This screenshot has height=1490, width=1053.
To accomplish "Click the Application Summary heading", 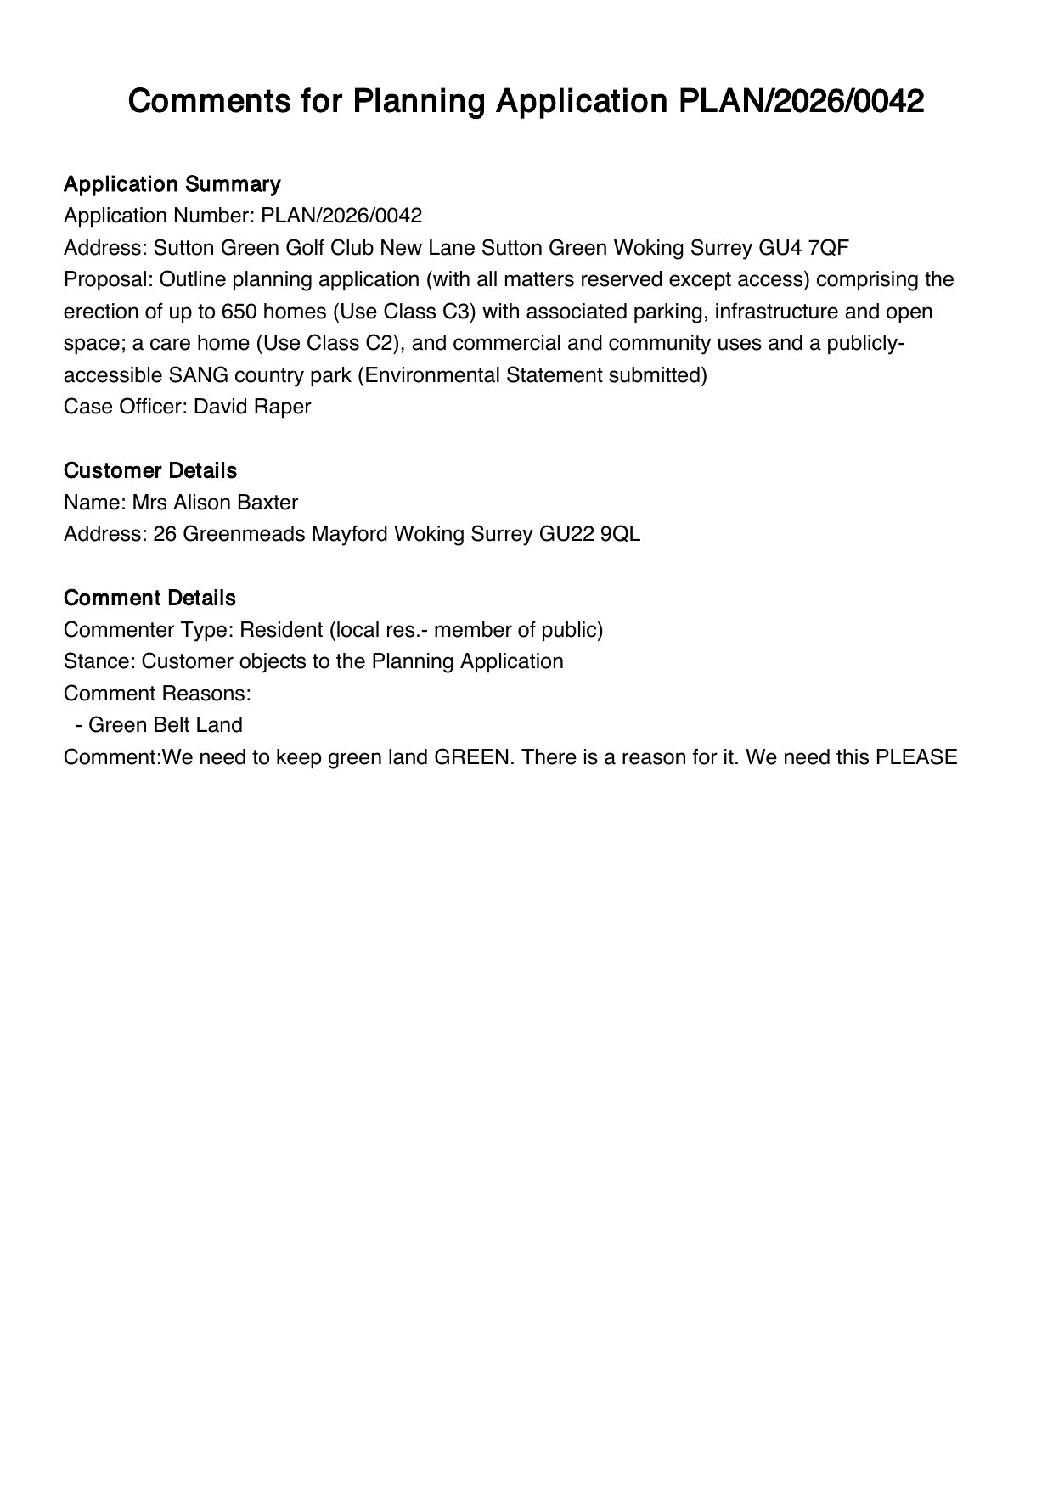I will pos(172,184).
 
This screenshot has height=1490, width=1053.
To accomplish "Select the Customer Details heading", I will pos(149,470).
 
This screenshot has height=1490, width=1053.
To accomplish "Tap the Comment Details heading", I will pos(149,598).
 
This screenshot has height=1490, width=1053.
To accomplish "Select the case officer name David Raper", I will pos(252,407).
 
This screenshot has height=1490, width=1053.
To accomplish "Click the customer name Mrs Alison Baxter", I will pos(215,503).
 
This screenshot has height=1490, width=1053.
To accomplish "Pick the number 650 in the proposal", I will pos(239,312).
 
